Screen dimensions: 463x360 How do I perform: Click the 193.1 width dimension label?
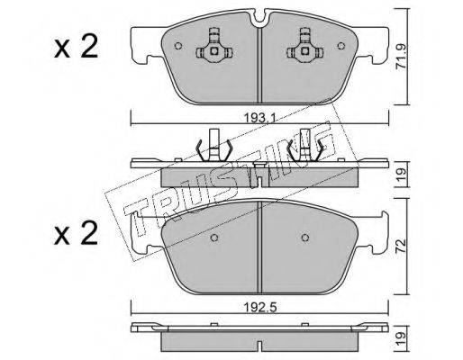(259, 118)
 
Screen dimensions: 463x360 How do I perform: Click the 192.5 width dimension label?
(259, 307)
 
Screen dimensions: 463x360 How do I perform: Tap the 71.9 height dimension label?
(402, 57)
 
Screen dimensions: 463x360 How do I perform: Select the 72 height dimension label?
(402, 246)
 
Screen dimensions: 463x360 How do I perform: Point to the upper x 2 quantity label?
(77, 46)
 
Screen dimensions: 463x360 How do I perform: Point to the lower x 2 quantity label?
(77, 233)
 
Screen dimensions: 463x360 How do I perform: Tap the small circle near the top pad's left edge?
(178, 46)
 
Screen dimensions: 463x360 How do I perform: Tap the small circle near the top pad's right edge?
(341, 46)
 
